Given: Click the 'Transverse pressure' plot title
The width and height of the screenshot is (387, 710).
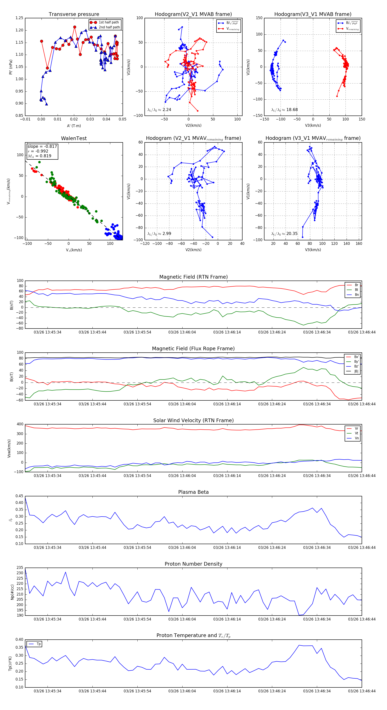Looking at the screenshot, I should (x=74, y=14).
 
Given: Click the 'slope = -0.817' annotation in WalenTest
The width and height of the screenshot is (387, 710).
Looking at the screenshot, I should (x=42, y=146).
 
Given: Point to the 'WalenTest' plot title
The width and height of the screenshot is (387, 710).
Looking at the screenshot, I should (x=74, y=138).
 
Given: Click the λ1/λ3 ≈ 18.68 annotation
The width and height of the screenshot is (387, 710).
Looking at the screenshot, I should (x=284, y=110).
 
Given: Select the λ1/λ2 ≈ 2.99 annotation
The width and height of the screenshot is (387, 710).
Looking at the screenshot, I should (x=159, y=234).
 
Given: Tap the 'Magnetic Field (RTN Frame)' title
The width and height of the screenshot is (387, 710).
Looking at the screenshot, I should (x=193, y=277).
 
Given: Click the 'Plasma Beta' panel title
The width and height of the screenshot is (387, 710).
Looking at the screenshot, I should (x=193, y=492).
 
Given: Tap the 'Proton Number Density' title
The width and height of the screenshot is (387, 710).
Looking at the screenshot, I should (x=193, y=564).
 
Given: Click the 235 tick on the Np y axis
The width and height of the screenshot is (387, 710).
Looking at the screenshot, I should (x=20, y=568).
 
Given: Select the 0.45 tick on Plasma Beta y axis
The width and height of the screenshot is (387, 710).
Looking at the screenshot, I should (x=19, y=496).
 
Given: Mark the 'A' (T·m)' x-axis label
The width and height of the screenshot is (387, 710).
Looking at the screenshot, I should (x=74, y=126).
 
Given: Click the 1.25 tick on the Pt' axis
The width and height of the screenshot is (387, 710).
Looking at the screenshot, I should (x=19, y=18).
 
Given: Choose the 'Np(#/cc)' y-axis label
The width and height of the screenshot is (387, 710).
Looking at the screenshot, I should (x=12, y=592).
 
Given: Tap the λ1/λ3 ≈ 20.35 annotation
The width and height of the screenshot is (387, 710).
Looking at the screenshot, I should (x=284, y=234).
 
